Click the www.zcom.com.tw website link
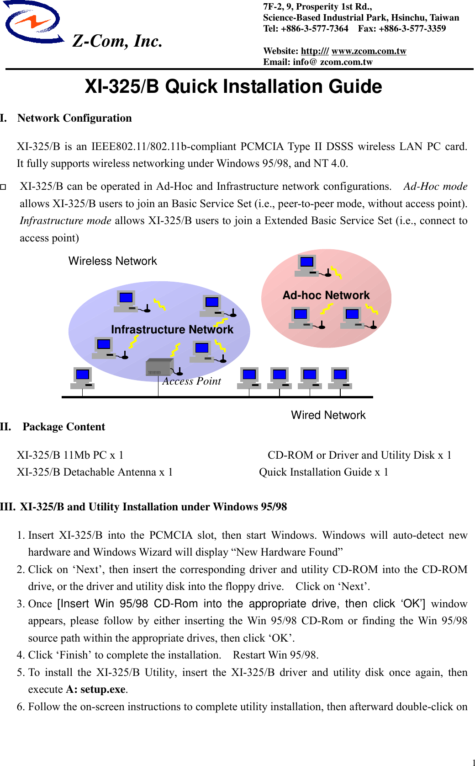click(x=369, y=51)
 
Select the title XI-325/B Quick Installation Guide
click(x=233, y=86)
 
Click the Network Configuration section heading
click(x=74, y=118)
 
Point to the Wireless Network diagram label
click(x=112, y=261)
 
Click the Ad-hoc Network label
click(x=326, y=295)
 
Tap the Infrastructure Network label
click(x=172, y=329)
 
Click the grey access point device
click(x=159, y=367)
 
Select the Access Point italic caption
click(x=192, y=381)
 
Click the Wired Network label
click(x=328, y=415)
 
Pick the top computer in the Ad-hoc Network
click(x=307, y=265)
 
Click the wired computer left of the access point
click(x=83, y=378)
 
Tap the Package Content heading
click(x=64, y=427)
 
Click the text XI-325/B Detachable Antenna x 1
click(x=95, y=472)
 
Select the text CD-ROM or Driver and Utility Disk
click(x=351, y=455)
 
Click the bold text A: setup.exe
click(x=96, y=689)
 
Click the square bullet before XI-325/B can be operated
click(x=3, y=187)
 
